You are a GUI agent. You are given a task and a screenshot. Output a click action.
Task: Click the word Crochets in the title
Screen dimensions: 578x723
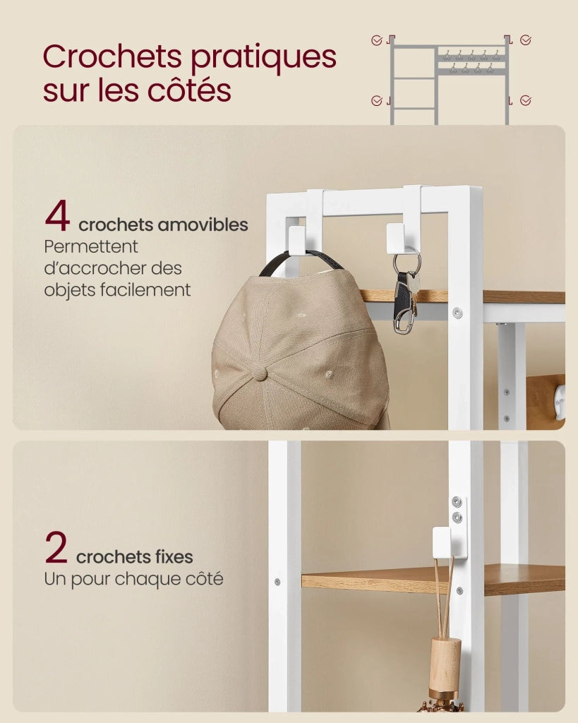tap(112, 56)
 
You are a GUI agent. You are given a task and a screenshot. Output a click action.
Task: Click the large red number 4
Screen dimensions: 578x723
tap(58, 215)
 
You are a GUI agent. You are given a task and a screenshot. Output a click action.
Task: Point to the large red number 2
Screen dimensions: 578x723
tap(56, 547)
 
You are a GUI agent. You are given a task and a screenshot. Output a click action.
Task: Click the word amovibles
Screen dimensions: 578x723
tap(203, 225)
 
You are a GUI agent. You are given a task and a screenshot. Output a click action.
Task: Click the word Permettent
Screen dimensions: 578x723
tap(91, 246)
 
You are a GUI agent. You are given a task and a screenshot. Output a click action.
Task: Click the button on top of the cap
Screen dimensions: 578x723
tap(259, 372)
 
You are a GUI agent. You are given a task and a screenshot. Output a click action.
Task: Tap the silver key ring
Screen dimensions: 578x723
tap(407, 262)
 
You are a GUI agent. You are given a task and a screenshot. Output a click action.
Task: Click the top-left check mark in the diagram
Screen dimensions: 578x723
tap(377, 40)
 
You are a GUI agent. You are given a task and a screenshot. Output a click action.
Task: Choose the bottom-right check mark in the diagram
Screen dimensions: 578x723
tap(526, 100)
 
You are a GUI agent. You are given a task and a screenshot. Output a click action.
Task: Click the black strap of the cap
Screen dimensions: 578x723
tap(302, 261)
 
